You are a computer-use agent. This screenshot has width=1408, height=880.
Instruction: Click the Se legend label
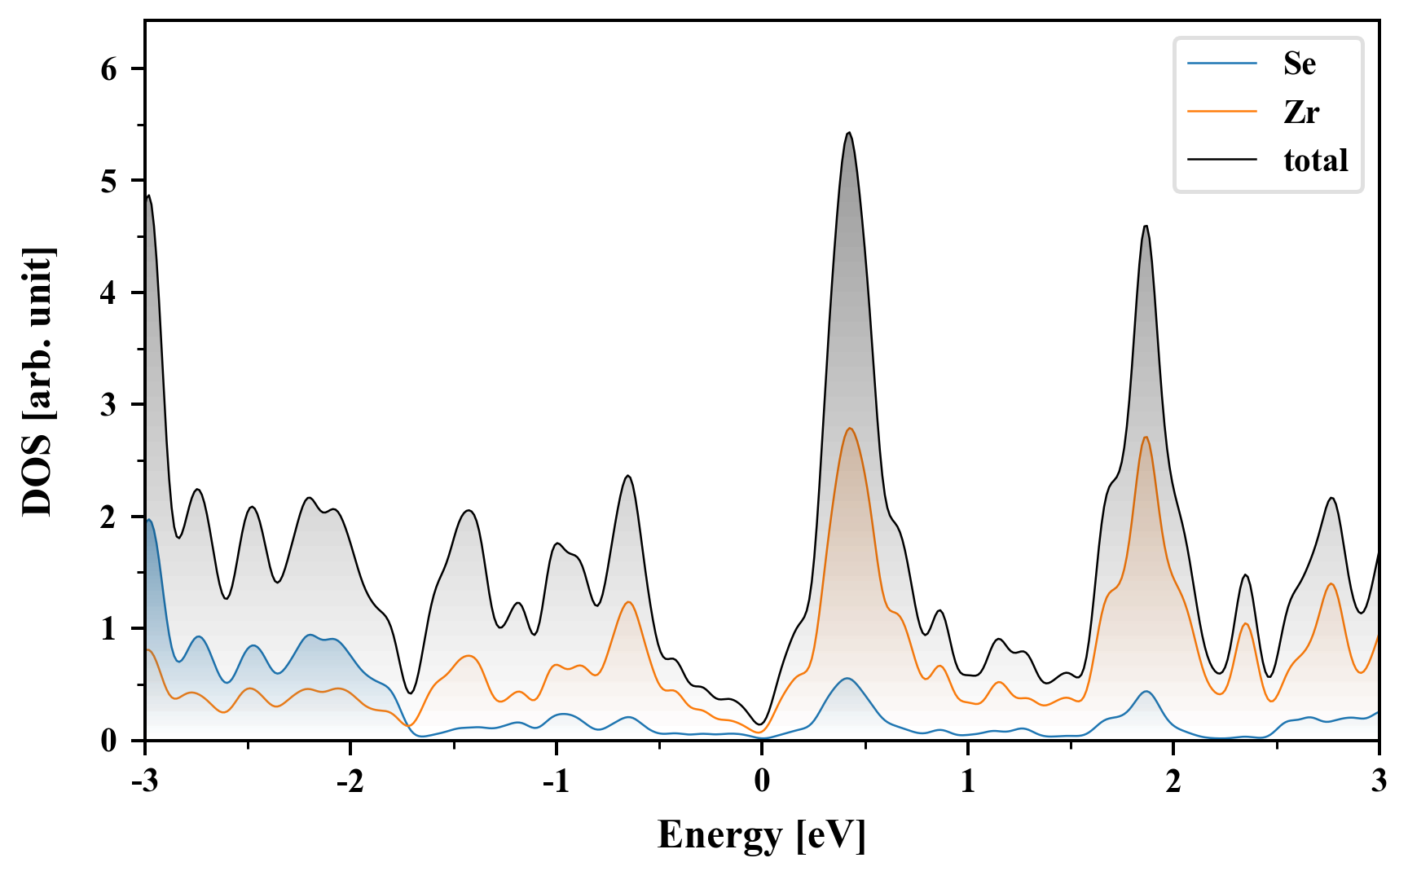[x=1299, y=64]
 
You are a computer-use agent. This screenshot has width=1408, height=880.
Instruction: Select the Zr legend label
[x=1300, y=112]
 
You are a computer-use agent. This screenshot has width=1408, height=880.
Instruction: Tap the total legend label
[x=1315, y=161]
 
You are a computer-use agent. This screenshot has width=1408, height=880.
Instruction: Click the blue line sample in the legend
[x=1222, y=64]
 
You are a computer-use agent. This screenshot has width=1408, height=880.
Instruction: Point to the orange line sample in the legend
[x=1222, y=112]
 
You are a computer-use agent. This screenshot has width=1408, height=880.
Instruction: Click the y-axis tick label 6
[x=109, y=69]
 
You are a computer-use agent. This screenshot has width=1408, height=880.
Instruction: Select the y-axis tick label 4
[x=109, y=293]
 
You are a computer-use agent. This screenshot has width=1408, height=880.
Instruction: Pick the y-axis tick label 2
[x=109, y=517]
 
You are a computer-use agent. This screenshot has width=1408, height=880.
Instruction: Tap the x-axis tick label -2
[x=350, y=781]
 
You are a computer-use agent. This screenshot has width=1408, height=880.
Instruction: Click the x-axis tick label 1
[x=967, y=781]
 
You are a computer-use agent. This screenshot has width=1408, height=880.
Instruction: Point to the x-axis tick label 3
[x=1378, y=781]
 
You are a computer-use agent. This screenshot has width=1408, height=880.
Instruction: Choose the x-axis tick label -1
[x=555, y=781]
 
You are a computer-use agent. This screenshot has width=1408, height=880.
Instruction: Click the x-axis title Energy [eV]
[x=761, y=835]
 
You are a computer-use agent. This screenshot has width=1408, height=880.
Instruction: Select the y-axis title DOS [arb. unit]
[x=37, y=381]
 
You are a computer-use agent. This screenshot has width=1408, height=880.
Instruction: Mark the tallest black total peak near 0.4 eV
[x=849, y=133]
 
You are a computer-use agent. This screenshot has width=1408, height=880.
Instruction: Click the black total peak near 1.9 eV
[x=1146, y=227]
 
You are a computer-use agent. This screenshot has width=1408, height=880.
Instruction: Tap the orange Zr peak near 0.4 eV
[x=850, y=429]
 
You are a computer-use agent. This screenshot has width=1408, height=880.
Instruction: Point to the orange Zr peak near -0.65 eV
[x=628, y=602]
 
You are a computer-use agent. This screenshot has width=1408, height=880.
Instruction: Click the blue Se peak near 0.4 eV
[x=847, y=679]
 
